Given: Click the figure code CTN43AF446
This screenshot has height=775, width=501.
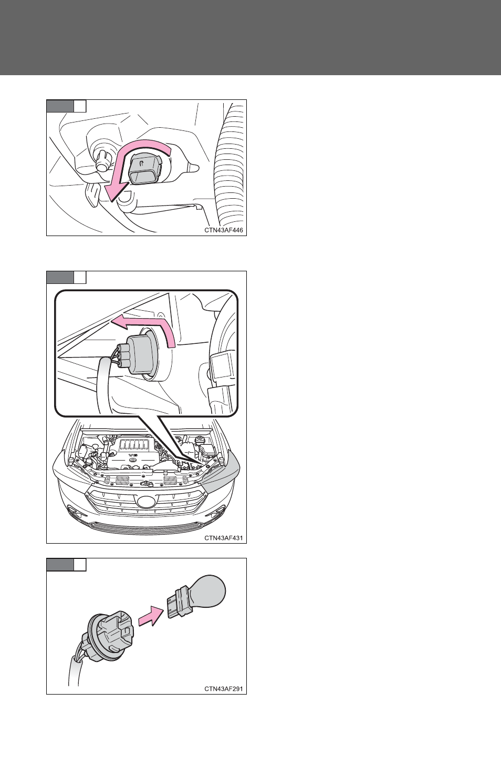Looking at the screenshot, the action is coord(223,230).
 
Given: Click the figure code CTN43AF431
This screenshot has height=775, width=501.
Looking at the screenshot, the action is coord(223,538).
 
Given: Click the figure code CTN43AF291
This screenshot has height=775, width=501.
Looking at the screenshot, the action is coord(223,689).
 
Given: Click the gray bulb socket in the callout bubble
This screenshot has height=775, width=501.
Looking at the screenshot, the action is coord(140,356).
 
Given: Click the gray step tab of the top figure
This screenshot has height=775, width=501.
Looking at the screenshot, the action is coord(60,106).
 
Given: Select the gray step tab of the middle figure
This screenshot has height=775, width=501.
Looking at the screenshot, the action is coord(60,277).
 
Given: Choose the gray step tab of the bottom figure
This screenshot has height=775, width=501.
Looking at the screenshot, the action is coord(60,564).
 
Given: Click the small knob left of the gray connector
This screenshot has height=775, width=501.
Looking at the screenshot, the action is coord(102,161).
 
